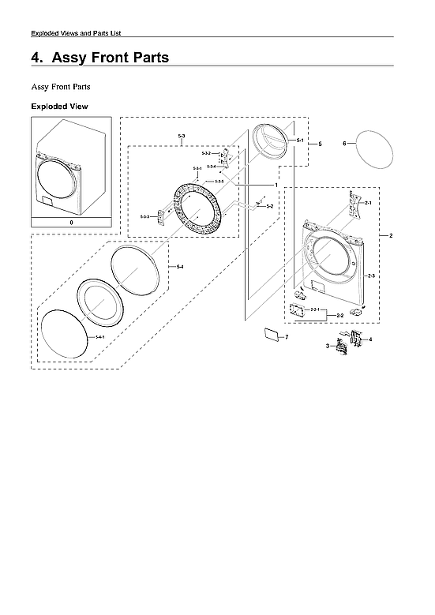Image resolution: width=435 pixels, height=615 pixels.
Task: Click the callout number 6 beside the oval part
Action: [x=344, y=144]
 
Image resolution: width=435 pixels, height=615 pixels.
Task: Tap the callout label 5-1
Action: [x=300, y=140]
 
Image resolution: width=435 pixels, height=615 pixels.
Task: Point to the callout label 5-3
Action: [x=182, y=137]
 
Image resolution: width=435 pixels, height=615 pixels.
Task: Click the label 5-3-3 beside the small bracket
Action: [x=144, y=216]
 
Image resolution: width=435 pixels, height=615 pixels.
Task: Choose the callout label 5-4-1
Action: [x=100, y=337]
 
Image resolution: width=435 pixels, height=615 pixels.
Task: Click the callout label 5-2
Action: [x=270, y=206]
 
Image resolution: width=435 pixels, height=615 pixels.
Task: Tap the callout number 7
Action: [x=287, y=337]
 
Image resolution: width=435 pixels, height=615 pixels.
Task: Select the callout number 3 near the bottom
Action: [x=328, y=346]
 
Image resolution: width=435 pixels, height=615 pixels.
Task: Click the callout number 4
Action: [x=370, y=339]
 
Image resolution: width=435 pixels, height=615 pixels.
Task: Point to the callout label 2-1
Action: [x=367, y=203]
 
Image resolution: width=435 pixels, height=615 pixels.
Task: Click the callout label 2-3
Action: [x=371, y=275]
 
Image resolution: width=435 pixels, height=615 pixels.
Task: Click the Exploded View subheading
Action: [x=59, y=106]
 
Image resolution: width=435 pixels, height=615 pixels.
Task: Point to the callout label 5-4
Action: [x=180, y=266]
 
